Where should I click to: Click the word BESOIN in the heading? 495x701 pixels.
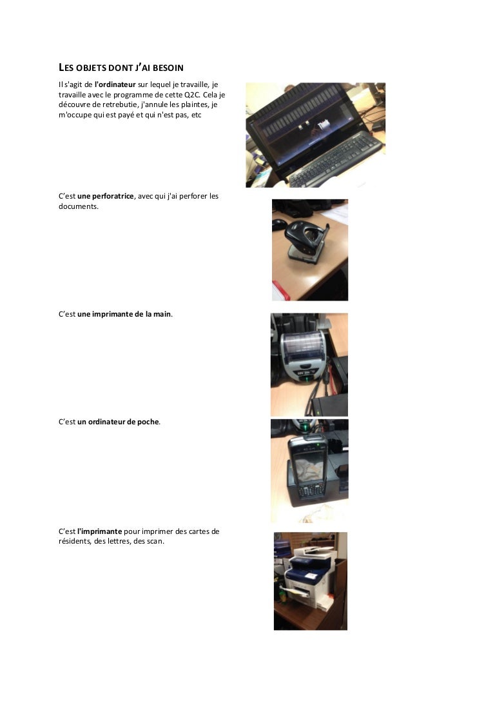(x=168, y=68)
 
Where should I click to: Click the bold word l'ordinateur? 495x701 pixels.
(x=115, y=84)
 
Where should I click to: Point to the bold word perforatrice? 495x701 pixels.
(x=113, y=196)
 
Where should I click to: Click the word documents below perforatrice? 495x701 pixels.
(x=78, y=206)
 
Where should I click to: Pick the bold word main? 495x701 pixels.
(x=162, y=314)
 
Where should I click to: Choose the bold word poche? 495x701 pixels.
(x=148, y=422)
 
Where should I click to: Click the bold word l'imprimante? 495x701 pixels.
(x=100, y=531)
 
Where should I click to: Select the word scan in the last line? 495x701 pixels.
(x=155, y=542)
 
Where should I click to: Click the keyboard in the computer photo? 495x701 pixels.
(x=335, y=159)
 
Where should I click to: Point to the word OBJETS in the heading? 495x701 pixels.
(x=91, y=68)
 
